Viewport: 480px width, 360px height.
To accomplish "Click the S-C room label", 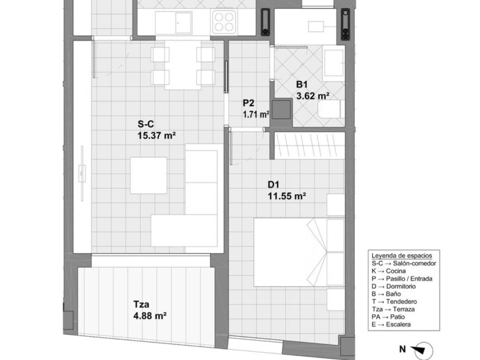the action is [x=146, y=124].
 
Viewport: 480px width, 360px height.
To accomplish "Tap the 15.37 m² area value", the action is [x=157, y=136].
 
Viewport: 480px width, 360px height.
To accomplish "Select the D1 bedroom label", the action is [x=274, y=185].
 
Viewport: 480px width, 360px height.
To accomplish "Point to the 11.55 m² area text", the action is [x=287, y=196].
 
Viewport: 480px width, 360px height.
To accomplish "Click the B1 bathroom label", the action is [x=302, y=85].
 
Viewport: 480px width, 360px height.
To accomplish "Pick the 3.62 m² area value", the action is [x=313, y=96].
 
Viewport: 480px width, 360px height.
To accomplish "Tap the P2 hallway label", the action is [x=248, y=103].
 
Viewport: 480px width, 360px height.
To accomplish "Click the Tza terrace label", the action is [x=142, y=304].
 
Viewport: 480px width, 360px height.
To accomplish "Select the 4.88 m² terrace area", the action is [x=150, y=316].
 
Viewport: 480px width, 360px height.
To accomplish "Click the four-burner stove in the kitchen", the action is [x=224, y=22].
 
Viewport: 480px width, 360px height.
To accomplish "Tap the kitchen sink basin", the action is [x=184, y=22].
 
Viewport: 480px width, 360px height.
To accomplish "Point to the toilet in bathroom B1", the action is [x=331, y=109].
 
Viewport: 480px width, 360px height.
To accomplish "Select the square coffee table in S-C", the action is [x=148, y=175].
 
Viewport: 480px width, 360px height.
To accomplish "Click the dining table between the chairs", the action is [x=183, y=65].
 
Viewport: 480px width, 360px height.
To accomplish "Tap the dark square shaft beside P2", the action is [x=281, y=109].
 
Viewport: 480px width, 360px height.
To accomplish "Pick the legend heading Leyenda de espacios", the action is [x=401, y=256].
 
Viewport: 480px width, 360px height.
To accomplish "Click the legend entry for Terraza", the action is [x=394, y=309].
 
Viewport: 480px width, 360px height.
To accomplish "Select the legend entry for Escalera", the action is [x=391, y=325].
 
